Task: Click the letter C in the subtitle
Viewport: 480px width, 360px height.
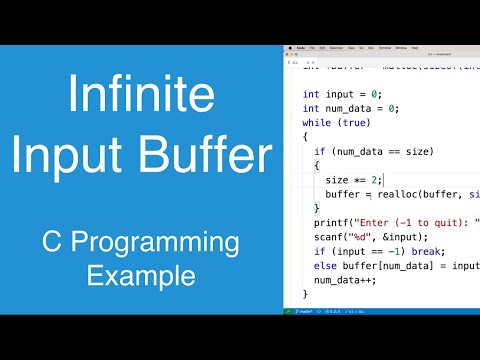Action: (50, 243)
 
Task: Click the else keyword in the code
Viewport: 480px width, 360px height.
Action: (326, 265)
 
